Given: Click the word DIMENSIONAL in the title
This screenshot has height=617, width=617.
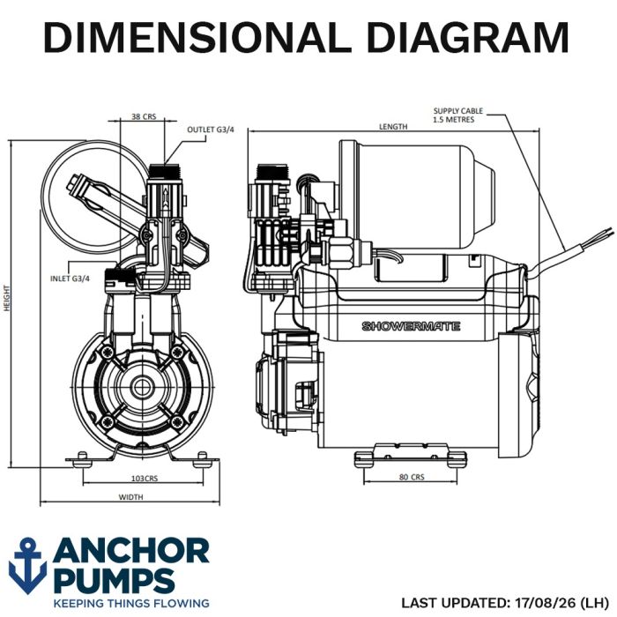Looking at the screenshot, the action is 197,37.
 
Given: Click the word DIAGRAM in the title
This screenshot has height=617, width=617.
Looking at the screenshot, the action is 467,37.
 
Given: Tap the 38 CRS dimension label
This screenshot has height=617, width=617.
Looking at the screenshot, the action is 144,116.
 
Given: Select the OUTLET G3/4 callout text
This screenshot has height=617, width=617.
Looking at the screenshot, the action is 211,130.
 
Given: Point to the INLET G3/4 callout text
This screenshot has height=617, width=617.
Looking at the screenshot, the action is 70,279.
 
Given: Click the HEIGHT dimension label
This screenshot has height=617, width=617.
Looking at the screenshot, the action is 6,298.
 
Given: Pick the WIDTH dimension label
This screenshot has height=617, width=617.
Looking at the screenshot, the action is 131,497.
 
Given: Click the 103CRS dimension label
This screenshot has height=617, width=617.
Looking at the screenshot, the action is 145,479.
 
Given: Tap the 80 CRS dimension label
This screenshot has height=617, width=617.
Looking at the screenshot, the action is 412,477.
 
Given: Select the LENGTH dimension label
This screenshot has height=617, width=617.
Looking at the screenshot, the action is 393,127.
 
